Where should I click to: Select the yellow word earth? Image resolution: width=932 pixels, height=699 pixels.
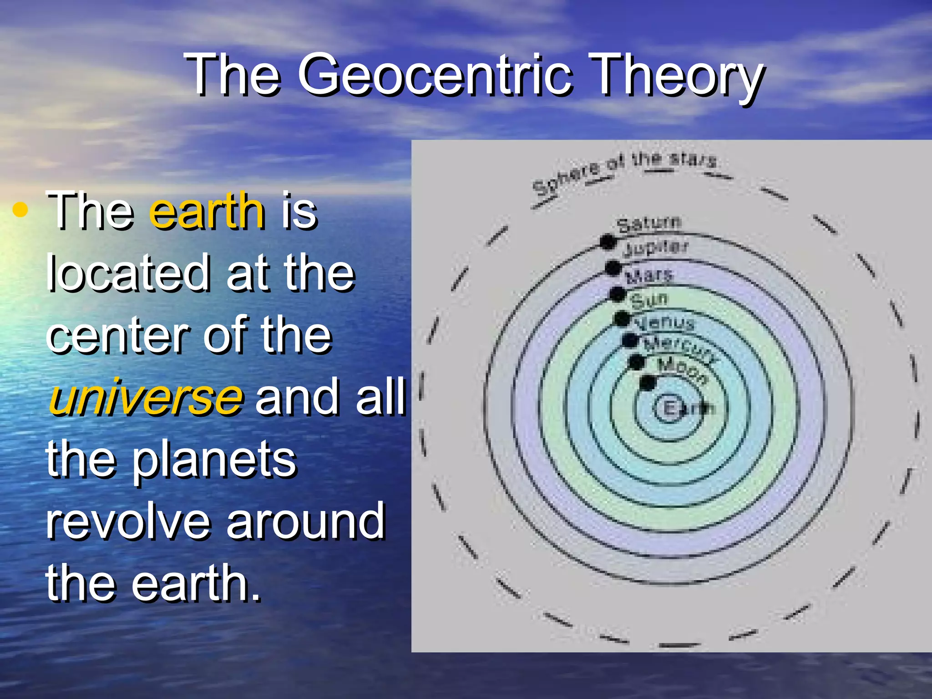click(x=207, y=211)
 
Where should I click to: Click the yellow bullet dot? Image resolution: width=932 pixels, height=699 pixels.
click(x=20, y=210)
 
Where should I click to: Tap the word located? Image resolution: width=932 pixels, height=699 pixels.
click(x=128, y=273)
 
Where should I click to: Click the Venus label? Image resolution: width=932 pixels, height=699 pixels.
click(x=664, y=323)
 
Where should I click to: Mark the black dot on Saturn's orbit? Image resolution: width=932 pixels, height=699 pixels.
click(x=608, y=242)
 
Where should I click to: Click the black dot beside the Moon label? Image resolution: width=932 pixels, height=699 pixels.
click(x=648, y=383)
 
